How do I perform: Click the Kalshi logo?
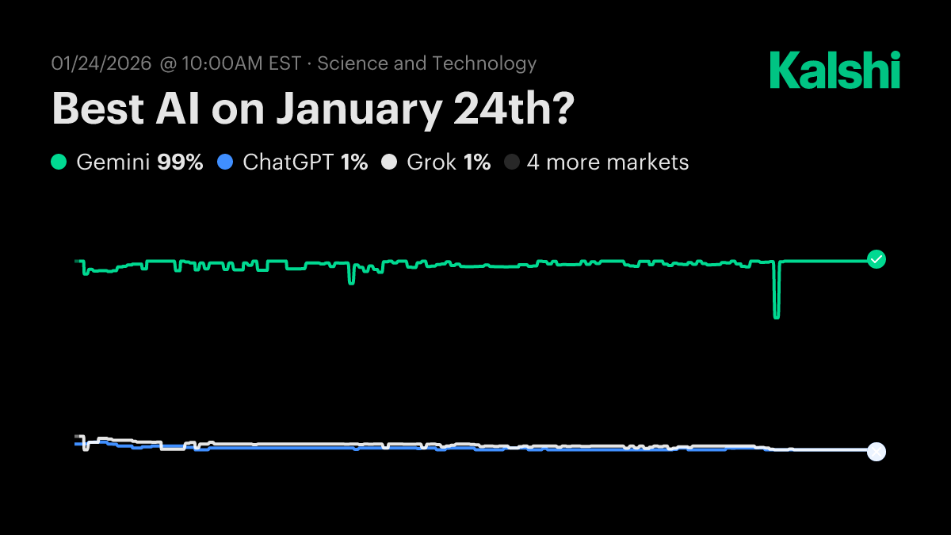point(835,70)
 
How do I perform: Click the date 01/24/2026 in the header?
point(101,63)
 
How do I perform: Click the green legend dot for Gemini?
point(59,162)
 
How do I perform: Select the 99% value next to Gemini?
point(180,162)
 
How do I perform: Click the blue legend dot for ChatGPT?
point(225,162)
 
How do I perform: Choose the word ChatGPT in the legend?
point(288,162)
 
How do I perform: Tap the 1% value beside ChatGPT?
point(354,162)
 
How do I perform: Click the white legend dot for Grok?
point(389,162)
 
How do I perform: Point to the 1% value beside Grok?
point(477,162)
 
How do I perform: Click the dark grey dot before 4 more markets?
point(512,162)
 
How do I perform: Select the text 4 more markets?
point(608,162)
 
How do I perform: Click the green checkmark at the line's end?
point(876,259)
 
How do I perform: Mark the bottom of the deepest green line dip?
point(777,317)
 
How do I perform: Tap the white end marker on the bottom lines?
point(876,451)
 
